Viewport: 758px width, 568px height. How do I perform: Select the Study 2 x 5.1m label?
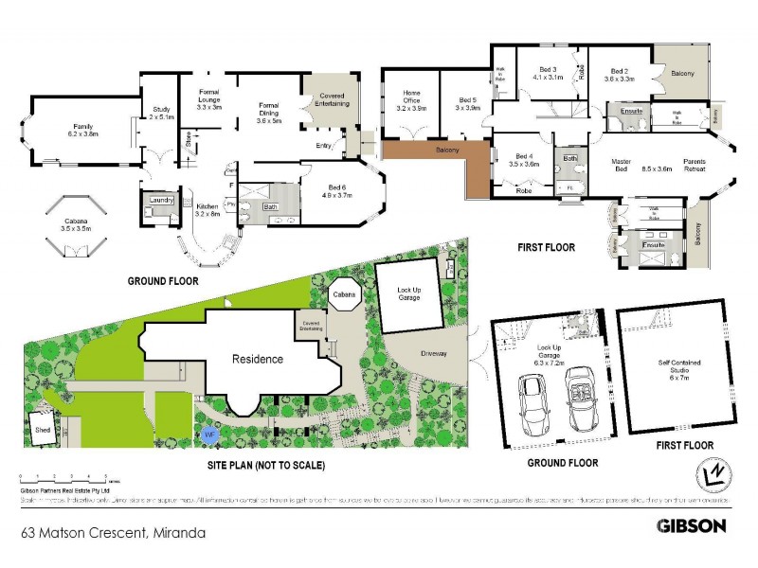pos(162,115)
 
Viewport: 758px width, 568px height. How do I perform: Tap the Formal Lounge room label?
pos(208,100)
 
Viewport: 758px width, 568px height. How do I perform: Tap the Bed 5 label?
pos(467,104)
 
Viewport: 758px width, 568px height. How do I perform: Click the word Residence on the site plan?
pos(259,359)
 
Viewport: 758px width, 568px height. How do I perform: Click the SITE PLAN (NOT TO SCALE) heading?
pos(265,466)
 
